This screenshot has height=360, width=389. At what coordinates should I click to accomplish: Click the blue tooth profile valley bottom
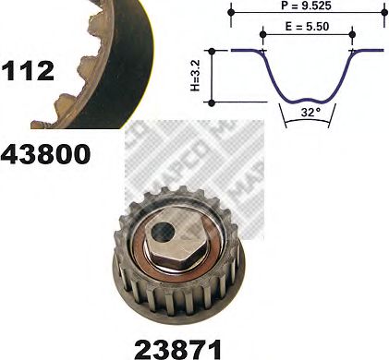tap(308, 99)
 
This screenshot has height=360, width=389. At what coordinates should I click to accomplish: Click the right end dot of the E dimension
tap(352, 35)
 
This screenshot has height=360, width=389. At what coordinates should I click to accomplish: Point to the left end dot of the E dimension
tap(263, 35)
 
